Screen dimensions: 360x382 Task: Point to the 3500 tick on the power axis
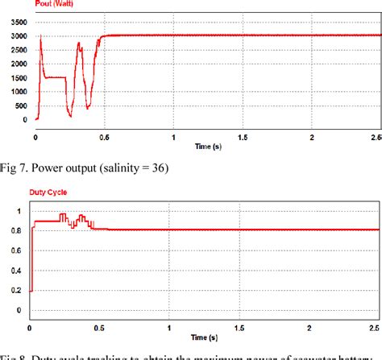15,22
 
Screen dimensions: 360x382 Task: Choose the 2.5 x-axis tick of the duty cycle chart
373,329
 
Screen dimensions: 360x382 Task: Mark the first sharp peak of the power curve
40,37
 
